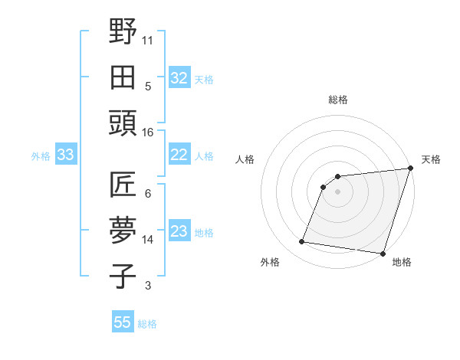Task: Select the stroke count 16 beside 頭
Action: click(148, 133)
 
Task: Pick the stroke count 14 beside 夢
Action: click(148, 240)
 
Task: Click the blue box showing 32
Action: click(179, 78)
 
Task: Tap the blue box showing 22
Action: click(179, 155)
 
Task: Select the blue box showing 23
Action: click(179, 231)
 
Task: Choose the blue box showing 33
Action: click(65, 155)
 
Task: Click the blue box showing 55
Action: click(123, 322)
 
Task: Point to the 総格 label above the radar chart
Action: click(338, 100)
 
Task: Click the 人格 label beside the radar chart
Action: click(245, 159)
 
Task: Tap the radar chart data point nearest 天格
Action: click(410, 169)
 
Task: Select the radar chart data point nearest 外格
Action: click(302, 242)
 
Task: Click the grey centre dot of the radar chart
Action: click(337, 191)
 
